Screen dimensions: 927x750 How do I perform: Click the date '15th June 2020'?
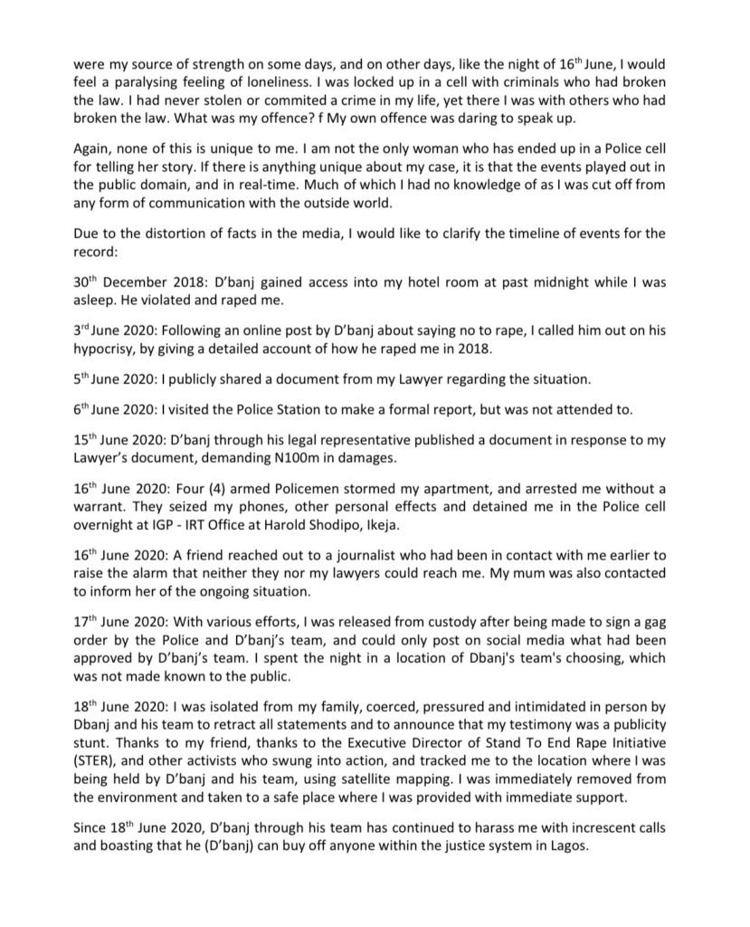tap(114, 441)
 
